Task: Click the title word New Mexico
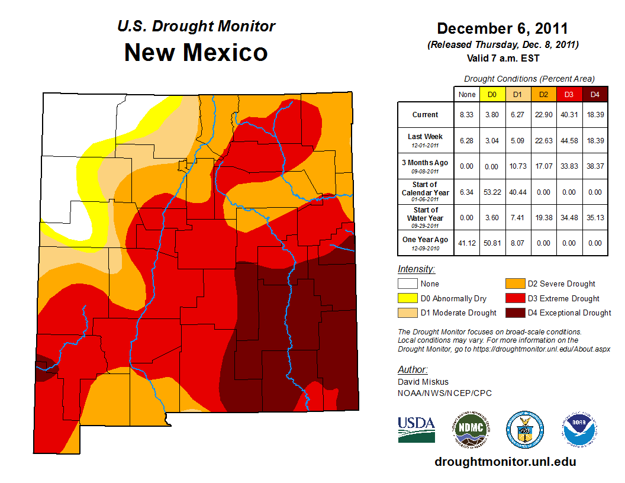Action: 196,52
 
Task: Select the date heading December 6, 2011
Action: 502,28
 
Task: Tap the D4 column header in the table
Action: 595,94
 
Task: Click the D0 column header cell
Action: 492,94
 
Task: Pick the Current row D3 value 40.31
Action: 569,115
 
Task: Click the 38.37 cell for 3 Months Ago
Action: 595,166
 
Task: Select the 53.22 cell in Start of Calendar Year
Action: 492,192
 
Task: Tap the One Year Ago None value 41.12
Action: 466,243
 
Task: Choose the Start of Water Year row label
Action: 426,217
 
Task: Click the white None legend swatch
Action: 407,284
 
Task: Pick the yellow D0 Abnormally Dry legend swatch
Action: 407,298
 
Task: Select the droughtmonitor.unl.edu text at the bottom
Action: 505,462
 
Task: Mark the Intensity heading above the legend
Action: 416,269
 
